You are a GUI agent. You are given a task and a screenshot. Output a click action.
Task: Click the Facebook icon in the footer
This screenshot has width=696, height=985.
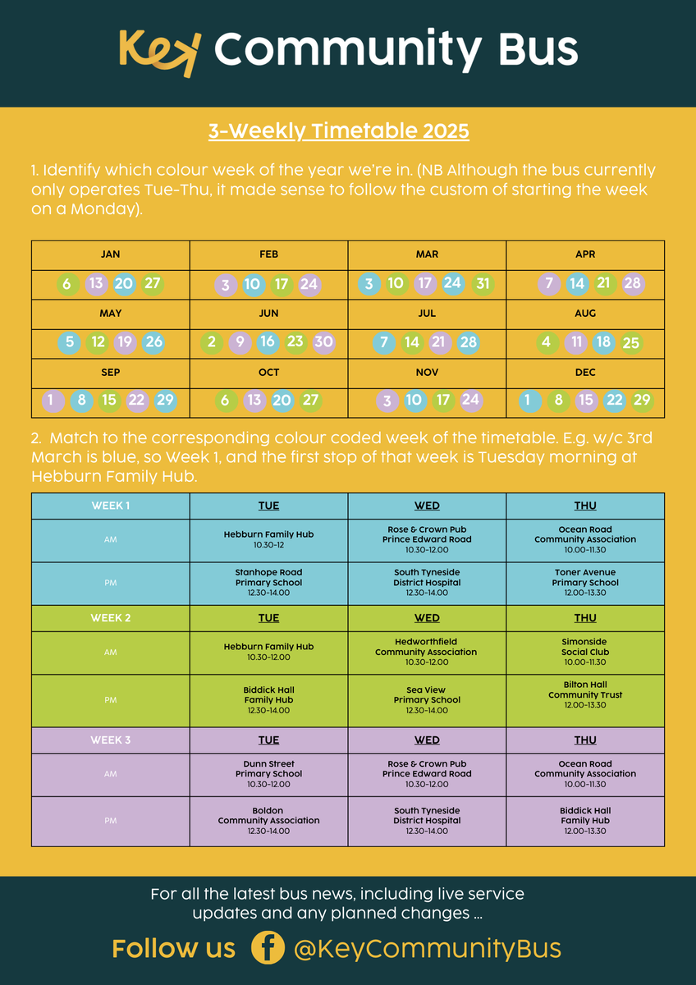click(x=268, y=948)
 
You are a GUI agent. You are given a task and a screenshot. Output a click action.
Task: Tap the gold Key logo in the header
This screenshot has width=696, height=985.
click(x=159, y=52)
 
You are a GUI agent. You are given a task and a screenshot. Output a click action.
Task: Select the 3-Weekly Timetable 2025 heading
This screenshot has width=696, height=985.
click(x=338, y=131)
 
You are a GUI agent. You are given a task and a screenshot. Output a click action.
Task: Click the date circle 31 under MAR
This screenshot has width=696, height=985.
click(x=482, y=284)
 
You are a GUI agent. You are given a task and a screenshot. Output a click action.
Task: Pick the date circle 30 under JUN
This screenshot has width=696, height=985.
click(x=323, y=342)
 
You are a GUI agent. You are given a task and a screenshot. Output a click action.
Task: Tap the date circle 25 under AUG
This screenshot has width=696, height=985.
click(x=630, y=343)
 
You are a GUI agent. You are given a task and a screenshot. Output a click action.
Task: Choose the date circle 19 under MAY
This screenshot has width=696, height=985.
click(x=125, y=342)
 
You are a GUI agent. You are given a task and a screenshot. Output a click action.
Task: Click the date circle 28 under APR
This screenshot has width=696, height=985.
click(x=632, y=284)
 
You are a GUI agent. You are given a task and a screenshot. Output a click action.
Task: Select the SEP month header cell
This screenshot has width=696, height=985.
click(x=111, y=373)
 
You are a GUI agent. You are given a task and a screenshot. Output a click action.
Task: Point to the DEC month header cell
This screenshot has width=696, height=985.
click(x=585, y=373)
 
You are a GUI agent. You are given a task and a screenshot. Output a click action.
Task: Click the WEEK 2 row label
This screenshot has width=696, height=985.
click(x=111, y=618)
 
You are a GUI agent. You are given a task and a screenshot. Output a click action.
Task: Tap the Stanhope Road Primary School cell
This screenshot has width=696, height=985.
click(x=268, y=583)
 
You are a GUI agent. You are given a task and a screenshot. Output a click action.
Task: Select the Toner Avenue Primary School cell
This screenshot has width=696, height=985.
click(x=585, y=583)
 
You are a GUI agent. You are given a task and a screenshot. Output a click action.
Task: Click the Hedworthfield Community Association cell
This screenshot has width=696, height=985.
click(x=427, y=652)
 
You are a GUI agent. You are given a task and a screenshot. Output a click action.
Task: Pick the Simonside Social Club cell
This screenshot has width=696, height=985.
click(x=585, y=652)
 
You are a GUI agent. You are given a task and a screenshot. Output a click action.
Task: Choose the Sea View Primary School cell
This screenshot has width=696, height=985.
click(x=427, y=700)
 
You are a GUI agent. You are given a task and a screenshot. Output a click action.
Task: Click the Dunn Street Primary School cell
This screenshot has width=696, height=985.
click(x=268, y=774)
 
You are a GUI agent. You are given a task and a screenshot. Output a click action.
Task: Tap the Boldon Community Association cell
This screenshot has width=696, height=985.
click(x=268, y=821)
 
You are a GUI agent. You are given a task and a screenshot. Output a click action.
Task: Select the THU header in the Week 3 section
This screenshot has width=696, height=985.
click(x=585, y=740)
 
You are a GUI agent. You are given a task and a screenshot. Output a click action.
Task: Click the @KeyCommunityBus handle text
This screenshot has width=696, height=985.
click(x=427, y=949)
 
